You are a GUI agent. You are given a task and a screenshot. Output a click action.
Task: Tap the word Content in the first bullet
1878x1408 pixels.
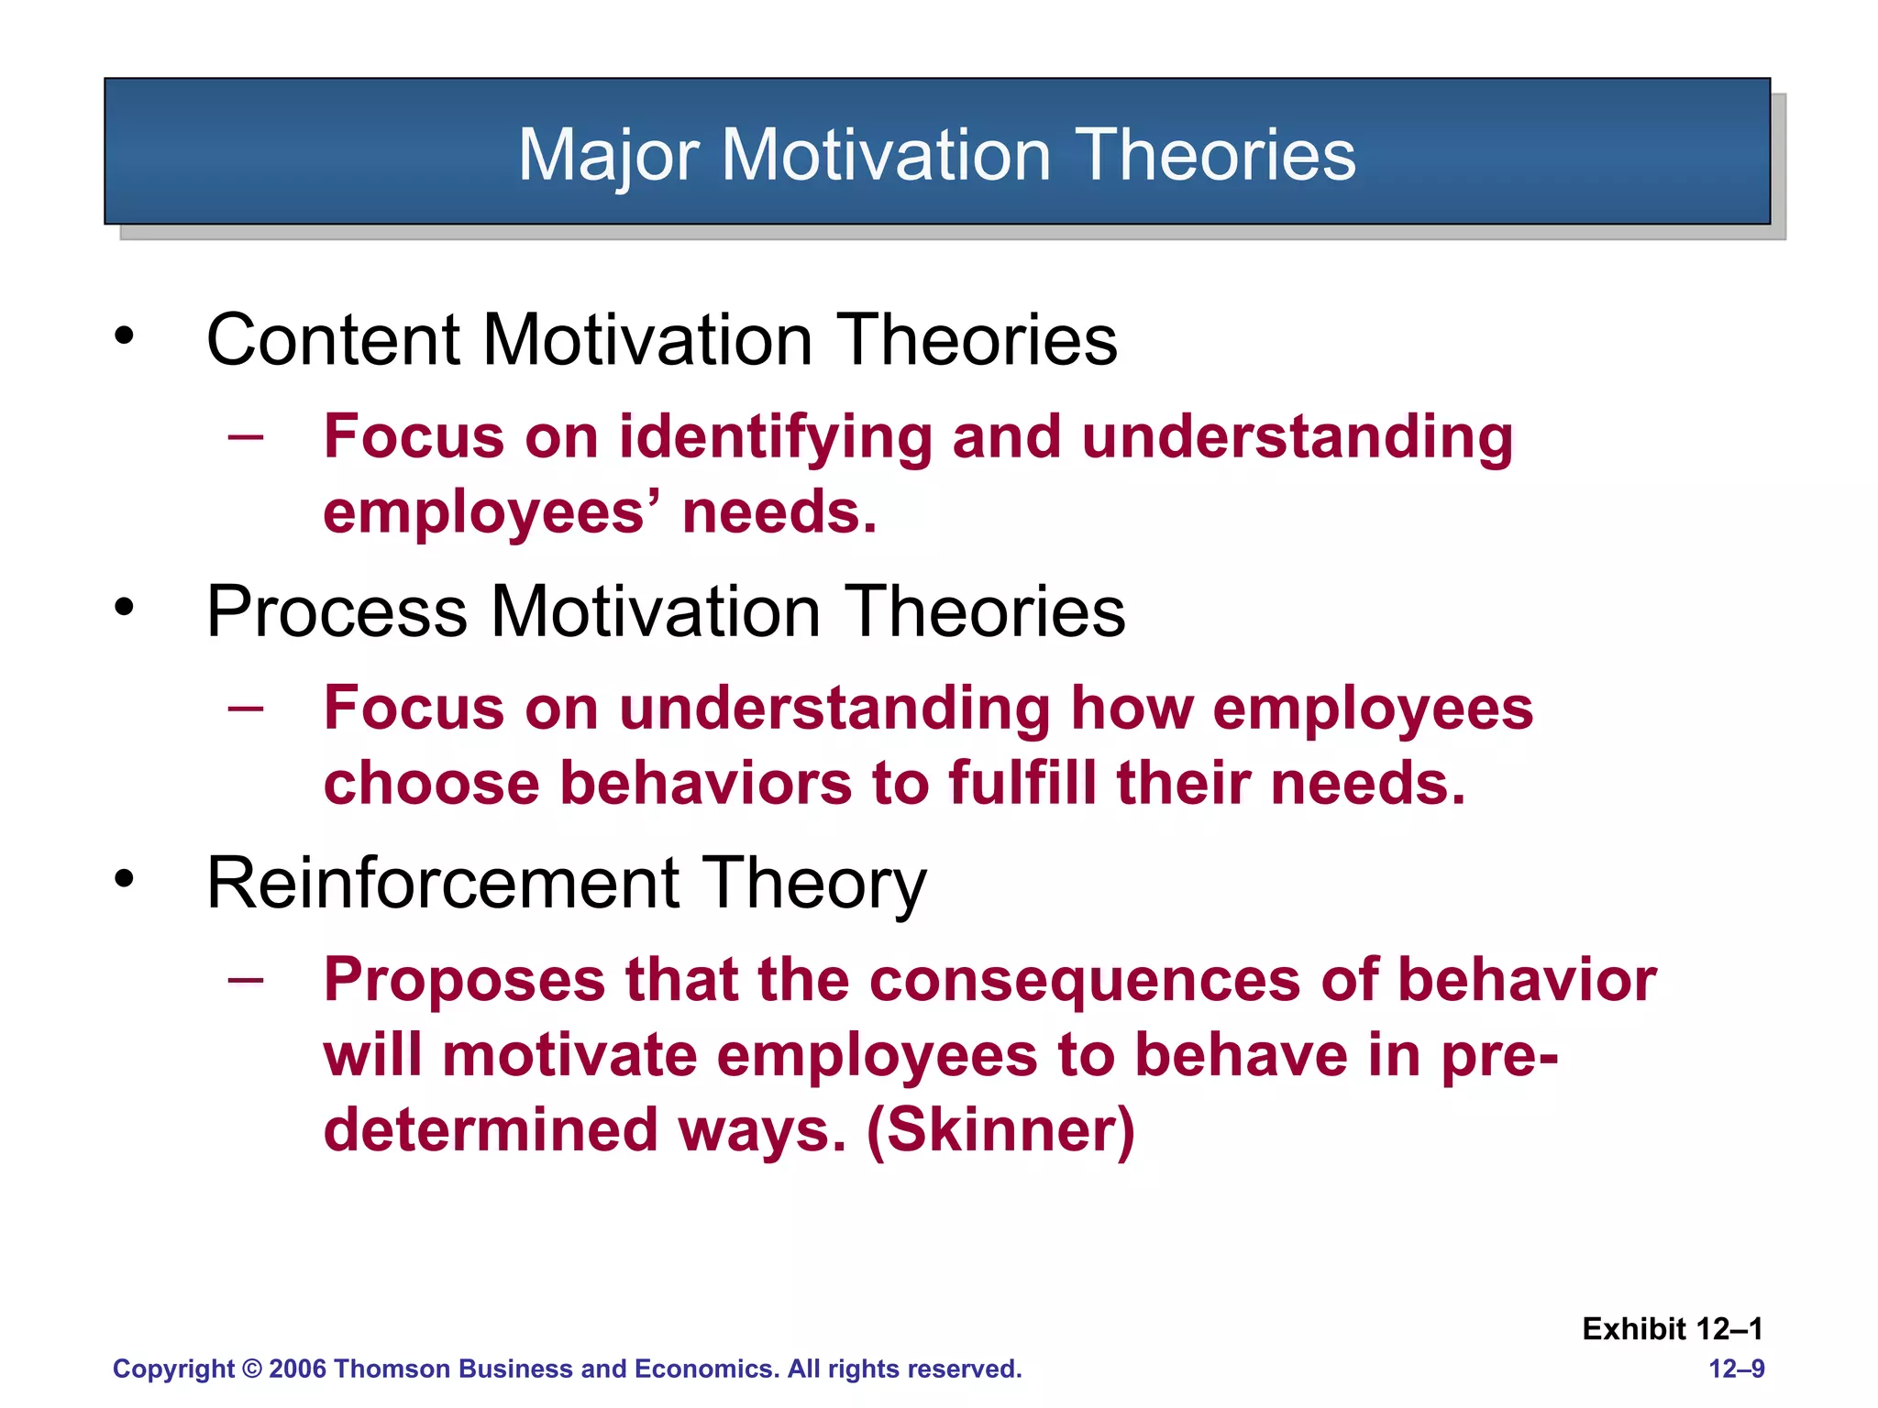(334, 341)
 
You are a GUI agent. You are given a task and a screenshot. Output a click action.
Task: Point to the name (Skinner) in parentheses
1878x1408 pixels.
(1000, 1130)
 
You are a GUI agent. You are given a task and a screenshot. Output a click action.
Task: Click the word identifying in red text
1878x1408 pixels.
(774, 437)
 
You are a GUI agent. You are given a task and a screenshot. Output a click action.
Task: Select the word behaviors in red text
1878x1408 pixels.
(706, 784)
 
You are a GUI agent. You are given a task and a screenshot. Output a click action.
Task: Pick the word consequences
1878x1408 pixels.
(1085, 980)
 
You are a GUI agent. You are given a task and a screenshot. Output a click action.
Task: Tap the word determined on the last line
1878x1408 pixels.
(491, 1130)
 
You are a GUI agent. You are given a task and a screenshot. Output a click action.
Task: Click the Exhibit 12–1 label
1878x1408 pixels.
(1672, 1329)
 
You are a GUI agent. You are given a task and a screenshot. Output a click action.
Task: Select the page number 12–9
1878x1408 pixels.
(1736, 1369)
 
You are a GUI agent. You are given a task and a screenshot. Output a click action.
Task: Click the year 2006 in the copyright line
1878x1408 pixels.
(297, 1369)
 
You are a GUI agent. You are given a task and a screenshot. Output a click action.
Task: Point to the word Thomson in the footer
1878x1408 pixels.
(394, 1369)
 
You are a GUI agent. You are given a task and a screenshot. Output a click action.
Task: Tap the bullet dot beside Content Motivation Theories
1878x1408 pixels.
(125, 336)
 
